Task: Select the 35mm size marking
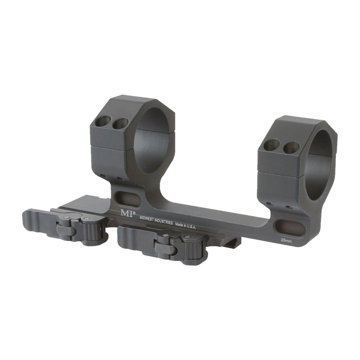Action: coord(286,240)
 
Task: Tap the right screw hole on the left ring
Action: coord(120,123)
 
